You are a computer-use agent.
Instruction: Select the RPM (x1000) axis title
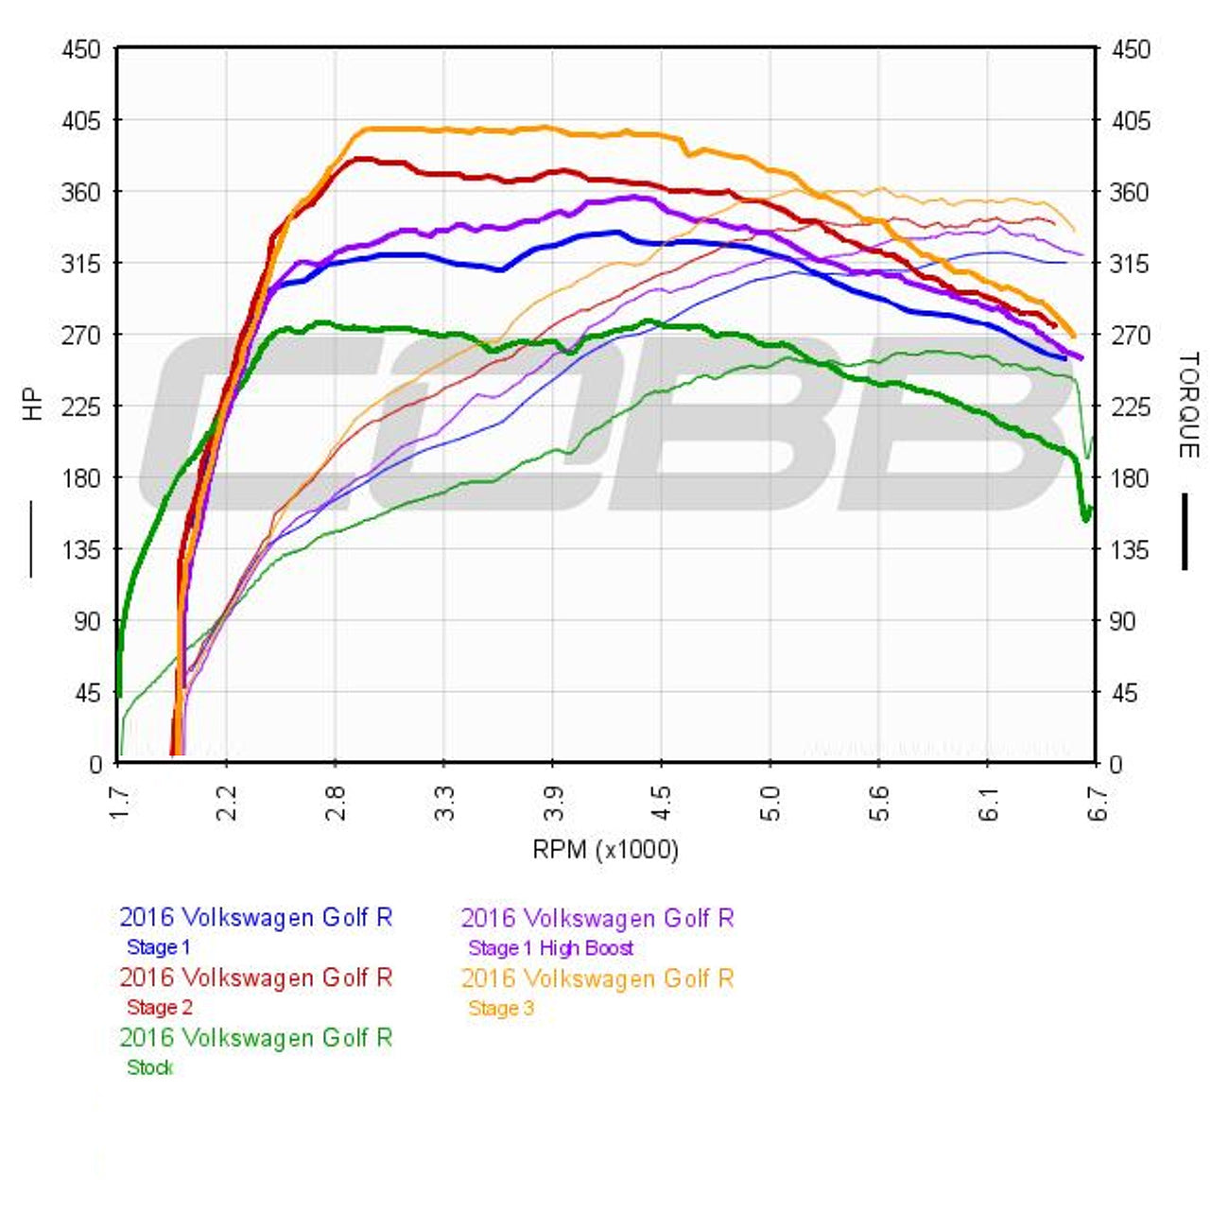pyautogui.click(x=605, y=850)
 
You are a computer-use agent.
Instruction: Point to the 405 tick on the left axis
pyautogui.click(x=81, y=121)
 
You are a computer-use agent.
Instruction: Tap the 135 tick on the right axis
pyautogui.click(x=1130, y=549)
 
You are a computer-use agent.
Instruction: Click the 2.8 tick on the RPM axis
pyautogui.click(x=335, y=801)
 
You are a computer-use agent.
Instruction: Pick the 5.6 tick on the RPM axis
pyautogui.click(x=879, y=801)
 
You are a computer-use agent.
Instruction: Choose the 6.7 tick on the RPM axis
pyautogui.click(x=1097, y=801)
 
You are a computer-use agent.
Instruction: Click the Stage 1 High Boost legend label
pyautogui.click(x=550, y=948)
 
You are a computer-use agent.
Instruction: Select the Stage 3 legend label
pyautogui.click(x=501, y=1009)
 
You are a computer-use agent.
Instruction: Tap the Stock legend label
pyautogui.click(x=149, y=1068)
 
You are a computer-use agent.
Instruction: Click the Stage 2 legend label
pyautogui.click(x=159, y=1008)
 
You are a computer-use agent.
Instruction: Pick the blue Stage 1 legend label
pyautogui.click(x=158, y=947)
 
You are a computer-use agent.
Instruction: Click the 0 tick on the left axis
pyautogui.click(x=95, y=764)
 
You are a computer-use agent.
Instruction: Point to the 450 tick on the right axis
pyautogui.click(x=1130, y=49)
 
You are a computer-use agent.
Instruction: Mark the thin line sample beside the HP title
pyautogui.click(x=31, y=538)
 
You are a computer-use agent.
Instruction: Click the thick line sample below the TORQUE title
pyautogui.click(x=1185, y=531)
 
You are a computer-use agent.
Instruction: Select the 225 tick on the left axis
pyautogui.click(x=81, y=407)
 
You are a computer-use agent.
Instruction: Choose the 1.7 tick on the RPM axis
pyautogui.click(x=118, y=801)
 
